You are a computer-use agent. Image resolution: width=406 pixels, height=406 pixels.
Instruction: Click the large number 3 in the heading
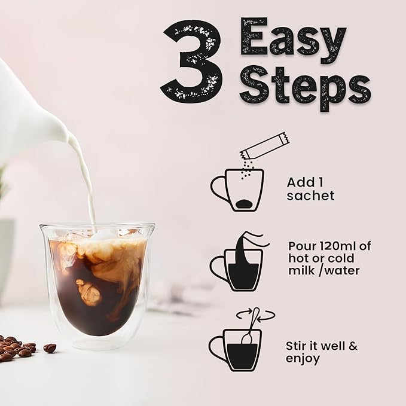[x=191, y=62]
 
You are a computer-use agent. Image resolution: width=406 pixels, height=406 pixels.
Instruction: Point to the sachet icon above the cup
[x=264, y=146]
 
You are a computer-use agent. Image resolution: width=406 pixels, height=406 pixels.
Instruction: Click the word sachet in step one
[x=310, y=196]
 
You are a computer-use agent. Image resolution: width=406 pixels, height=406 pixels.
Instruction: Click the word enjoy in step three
[x=303, y=359]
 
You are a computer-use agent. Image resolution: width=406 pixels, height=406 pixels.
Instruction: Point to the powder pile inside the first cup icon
[x=245, y=203]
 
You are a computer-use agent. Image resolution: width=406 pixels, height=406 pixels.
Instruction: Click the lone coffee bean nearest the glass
[x=50, y=348]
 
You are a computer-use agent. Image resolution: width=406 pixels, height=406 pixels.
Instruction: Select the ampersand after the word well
[x=353, y=346]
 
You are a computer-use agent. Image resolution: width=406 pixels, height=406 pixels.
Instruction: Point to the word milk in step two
[x=301, y=271]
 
